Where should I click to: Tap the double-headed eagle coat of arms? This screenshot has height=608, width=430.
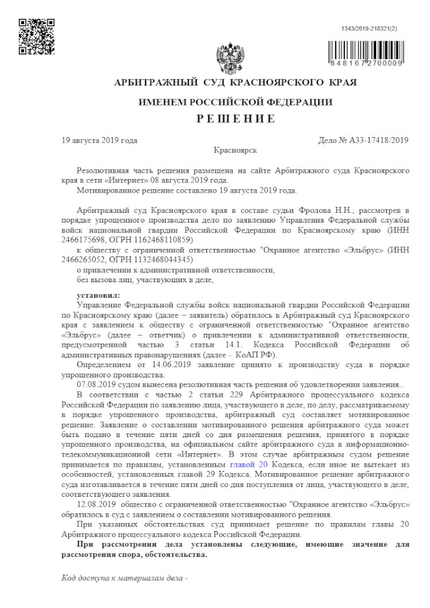coord(230,58)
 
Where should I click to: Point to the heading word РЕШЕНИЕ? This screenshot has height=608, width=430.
coord(236,119)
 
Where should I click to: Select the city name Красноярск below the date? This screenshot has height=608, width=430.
coord(235,150)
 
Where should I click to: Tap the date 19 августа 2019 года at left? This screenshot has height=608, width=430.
coord(99,140)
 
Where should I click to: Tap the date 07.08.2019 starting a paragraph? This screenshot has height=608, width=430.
coord(95,383)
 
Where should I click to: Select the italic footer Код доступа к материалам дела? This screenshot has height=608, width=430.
coord(122,578)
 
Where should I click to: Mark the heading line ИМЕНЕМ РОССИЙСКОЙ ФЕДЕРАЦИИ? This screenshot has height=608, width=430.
coord(236,102)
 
